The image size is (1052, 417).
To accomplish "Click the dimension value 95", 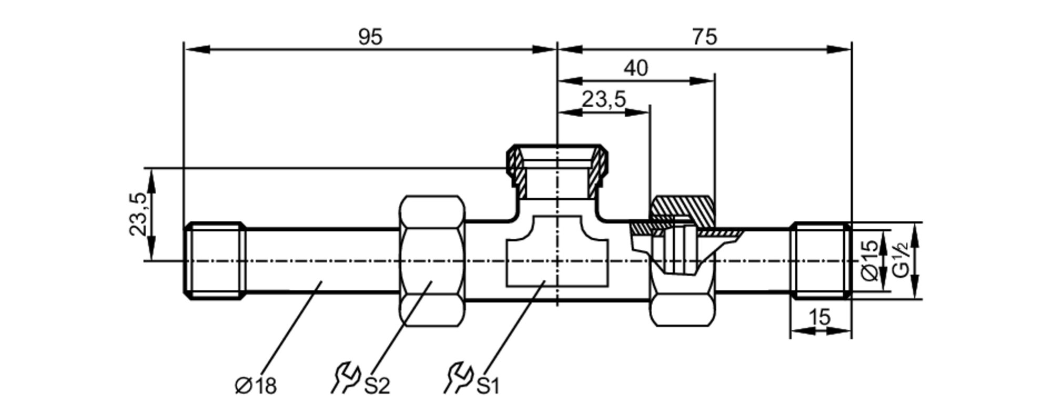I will pyautogui.click(x=370, y=37).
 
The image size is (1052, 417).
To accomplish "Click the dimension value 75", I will pyautogui.click(x=704, y=37).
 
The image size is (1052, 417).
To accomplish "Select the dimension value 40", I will pyautogui.click(x=636, y=68).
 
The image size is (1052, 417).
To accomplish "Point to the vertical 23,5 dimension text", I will pyautogui.click(x=138, y=215).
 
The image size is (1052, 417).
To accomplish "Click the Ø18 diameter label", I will pyautogui.click(x=256, y=386).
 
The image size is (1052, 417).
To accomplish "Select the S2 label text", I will pyautogui.click(x=377, y=386).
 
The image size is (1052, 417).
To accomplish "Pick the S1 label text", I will pyautogui.click(x=488, y=386).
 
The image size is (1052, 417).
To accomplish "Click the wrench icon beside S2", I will pyautogui.click(x=345, y=378).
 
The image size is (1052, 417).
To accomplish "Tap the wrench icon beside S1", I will pyautogui.click(x=458, y=378).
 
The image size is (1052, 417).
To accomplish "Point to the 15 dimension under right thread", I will pyautogui.click(x=820, y=318).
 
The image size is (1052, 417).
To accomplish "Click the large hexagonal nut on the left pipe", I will pyautogui.click(x=432, y=261).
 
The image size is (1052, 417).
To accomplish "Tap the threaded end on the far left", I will pyautogui.click(x=215, y=261).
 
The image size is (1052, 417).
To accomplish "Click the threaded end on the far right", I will pyautogui.click(x=821, y=261).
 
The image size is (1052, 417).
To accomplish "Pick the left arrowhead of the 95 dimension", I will pyautogui.click(x=197, y=49).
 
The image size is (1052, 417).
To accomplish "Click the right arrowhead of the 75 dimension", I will pyautogui.click(x=838, y=49).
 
